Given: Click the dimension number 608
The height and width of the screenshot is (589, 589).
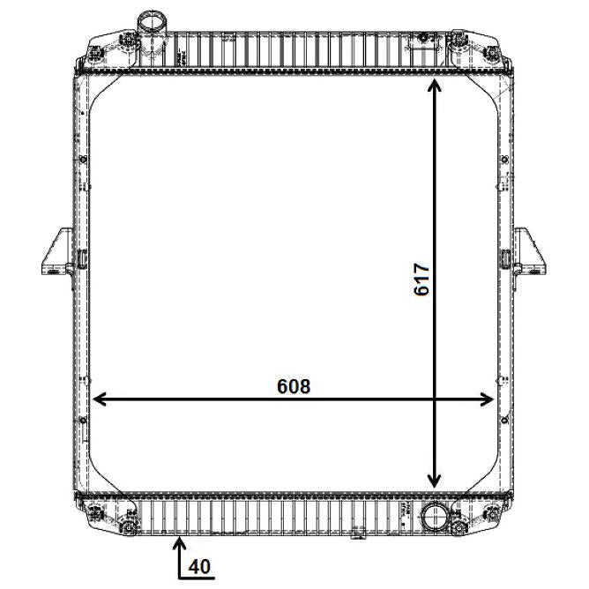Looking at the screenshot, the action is click(x=294, y=386).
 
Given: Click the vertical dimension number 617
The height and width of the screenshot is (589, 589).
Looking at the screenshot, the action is click(x=421, y=280).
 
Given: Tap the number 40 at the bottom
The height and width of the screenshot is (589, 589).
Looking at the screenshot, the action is click(x=199, y=567).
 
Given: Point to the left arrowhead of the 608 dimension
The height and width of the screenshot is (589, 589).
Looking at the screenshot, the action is click(x=99, y=399).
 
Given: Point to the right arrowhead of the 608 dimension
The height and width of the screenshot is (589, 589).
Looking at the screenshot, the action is click(x=486, y=399).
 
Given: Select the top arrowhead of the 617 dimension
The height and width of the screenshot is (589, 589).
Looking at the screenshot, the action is click(x=434, y=86).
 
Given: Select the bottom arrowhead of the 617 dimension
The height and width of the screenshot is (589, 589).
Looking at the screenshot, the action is click(x=434, y=481).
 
